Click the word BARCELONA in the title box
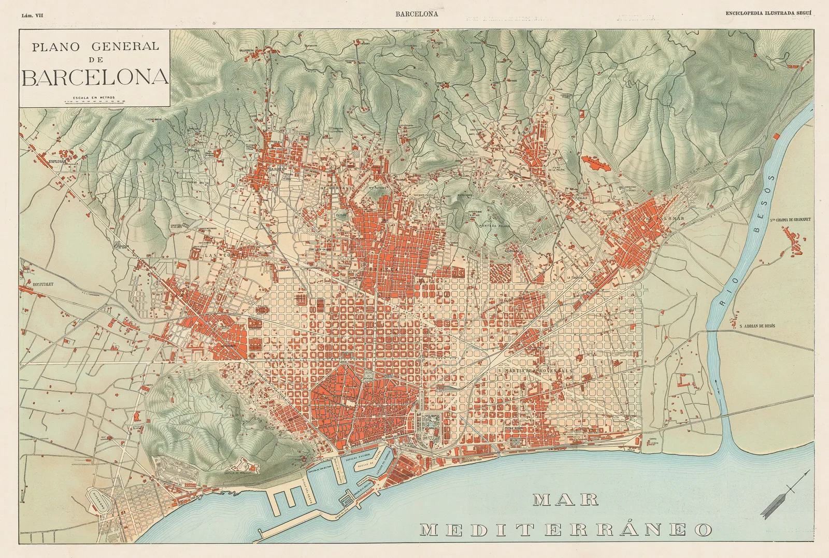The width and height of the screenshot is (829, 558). coord(95,77)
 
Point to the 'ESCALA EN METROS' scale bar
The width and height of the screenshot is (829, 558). coord(94,101)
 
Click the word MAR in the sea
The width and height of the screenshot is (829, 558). coord(566,499)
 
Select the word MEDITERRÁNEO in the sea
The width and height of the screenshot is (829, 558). coord(566,530)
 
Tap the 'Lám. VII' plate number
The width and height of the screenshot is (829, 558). coord(32,16)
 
